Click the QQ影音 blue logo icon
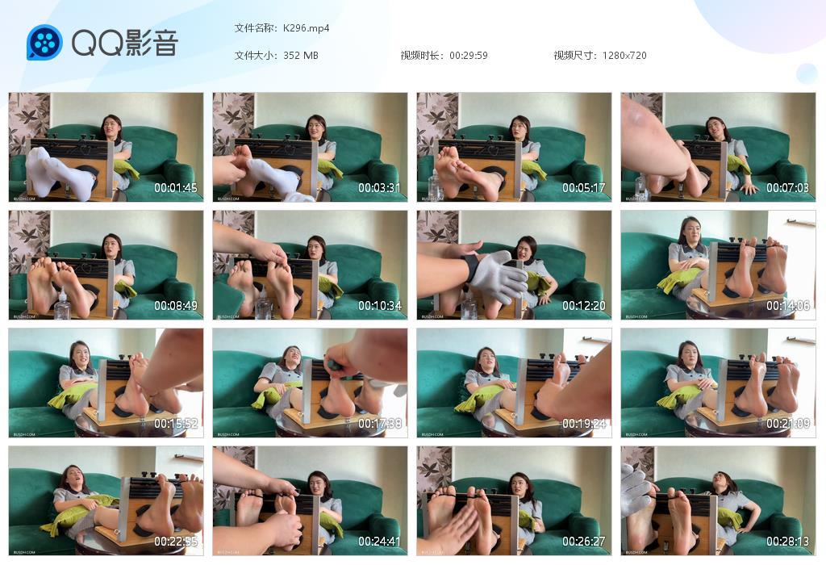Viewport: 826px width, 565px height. coord(44,43)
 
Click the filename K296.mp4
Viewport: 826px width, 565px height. coord(306,28)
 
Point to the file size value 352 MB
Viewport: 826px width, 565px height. coord(301,56)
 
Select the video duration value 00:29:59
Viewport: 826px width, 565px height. coord(469,56)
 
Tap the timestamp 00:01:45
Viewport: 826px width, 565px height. coord(176,188)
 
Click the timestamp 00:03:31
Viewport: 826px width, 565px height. coord(380,188)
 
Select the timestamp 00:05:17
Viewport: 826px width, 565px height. coord(584,188)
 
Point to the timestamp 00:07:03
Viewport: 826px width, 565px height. coord(788,188)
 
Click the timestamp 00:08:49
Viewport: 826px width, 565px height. coord(176,306)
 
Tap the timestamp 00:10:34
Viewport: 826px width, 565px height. coord(380,306)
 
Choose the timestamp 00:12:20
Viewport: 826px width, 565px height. coord(584,306)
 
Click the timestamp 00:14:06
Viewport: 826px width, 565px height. coord(788,306)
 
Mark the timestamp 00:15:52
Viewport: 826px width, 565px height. coord(176,424)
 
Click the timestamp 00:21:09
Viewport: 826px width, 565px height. coord(788,424)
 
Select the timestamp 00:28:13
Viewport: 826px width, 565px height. coord(788,542)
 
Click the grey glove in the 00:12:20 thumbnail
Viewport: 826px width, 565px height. coord(499,277)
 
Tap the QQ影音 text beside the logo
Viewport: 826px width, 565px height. coord(125,43)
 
